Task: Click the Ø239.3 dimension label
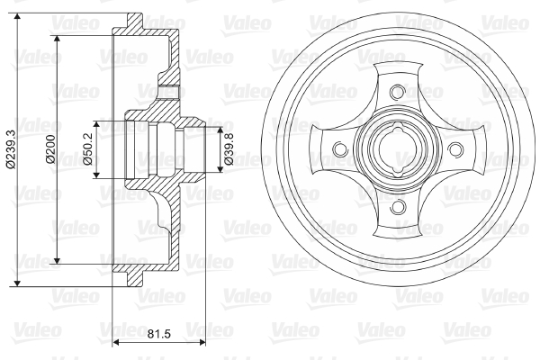(11, 148)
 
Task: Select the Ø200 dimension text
(50, 148)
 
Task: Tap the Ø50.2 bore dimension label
(89, 149)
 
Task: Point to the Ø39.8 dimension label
(229, 149)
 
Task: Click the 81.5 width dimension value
(159, 334)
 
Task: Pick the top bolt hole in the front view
(397, 92)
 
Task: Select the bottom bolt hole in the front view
(397, 207)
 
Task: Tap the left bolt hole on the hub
(340, 149)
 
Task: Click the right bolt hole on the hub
(454, 149)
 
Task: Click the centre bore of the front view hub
(397, 149)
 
